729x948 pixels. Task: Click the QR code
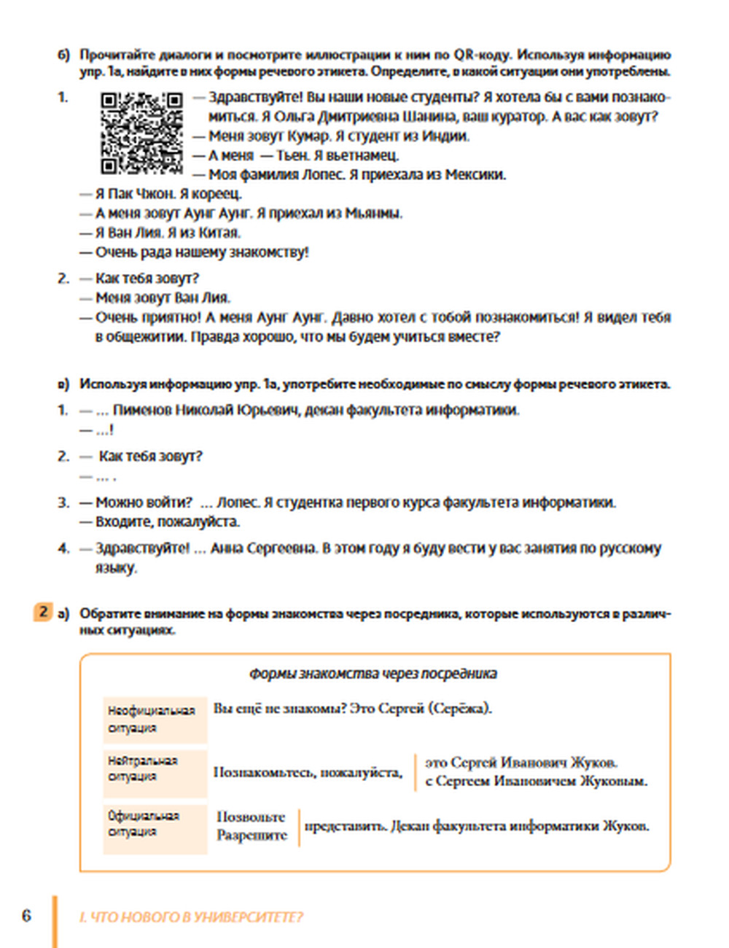coord(141,133)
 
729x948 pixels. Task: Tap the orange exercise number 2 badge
coord(43,613)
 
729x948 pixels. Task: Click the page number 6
coord(26,916)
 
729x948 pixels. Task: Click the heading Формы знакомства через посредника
coord(373,674)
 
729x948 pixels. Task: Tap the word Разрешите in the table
coord(252,836)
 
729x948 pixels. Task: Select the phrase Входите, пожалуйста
coord(168,522)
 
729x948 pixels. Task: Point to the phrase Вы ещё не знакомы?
coord(279,709)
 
